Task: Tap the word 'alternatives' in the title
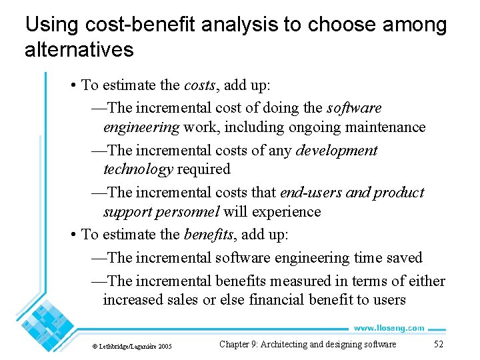79,49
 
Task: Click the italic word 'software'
354,107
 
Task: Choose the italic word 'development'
337,151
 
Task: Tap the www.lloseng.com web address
389,328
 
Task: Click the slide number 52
438,344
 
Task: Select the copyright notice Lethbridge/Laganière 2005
131,346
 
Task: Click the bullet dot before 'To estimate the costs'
73,85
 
